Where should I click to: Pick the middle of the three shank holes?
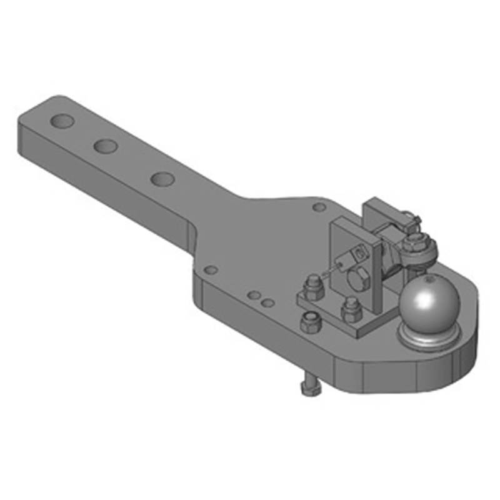click(106, 146)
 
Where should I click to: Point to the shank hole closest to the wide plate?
click(161, 178)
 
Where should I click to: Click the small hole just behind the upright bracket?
click(319, 207)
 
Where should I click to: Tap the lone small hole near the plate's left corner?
click(211, 270)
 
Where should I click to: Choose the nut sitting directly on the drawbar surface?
click(308, 322)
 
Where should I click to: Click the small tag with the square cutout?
click(359, 254)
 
